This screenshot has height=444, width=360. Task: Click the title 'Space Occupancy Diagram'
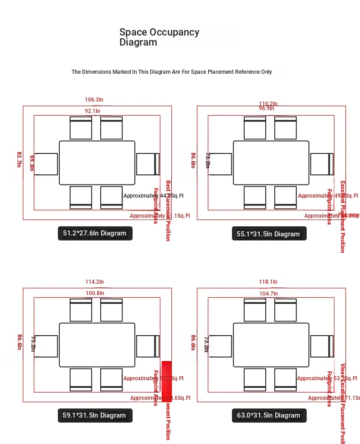(159, 37)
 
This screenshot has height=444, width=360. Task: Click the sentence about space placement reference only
(171, 72)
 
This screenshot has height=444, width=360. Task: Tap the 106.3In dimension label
(94, 100)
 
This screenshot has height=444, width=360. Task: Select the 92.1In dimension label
(92, 111)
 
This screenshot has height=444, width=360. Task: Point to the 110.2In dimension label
(268, 104)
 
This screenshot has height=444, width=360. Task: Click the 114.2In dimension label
(94, 282)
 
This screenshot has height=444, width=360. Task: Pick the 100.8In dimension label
(95, 293)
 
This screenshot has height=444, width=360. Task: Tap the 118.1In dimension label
(268, 282)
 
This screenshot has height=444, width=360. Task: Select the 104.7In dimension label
(268, 294)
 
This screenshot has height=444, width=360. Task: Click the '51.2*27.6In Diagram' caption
(95, 234)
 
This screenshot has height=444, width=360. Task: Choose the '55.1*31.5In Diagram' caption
(269, 234)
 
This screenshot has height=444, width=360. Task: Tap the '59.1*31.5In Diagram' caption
(95, 415)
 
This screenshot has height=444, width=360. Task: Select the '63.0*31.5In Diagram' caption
(269, 415)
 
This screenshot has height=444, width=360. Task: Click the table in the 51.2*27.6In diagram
(97, 163)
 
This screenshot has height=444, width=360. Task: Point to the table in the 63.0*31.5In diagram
(271, 345)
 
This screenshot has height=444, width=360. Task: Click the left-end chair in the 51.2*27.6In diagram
(46, 164)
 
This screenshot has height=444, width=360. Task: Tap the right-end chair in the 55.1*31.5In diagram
(322, 164)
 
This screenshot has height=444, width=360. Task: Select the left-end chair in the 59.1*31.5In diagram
(46, 346)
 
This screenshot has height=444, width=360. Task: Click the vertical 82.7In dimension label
(19, 159)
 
